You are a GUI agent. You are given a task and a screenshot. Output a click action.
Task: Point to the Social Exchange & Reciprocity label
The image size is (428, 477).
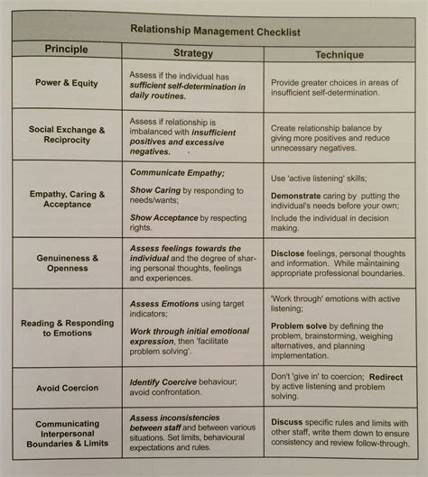click(x=66, y=136)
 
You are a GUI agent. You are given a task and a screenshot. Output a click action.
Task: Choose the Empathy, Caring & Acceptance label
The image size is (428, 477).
click(x=66, y=199)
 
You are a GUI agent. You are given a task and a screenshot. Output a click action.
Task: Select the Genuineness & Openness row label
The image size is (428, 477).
click(x=66, y=263)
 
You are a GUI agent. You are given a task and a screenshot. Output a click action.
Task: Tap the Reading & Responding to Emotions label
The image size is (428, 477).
click(x=65, y=326)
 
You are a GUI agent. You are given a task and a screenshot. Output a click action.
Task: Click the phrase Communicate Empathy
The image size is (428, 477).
click(x=175, y=170)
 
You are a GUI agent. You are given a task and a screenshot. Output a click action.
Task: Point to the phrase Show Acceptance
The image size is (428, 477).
click(x=168, y=217)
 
